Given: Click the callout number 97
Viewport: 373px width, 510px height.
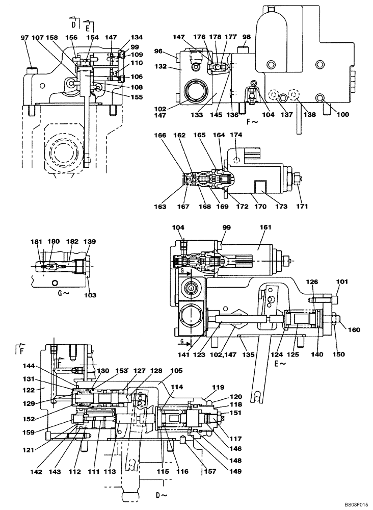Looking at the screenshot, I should tap(25, 38).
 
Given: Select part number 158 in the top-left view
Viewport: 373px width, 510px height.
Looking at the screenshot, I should tap(52, 38).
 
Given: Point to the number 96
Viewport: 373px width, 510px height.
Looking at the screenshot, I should tap(158, 51).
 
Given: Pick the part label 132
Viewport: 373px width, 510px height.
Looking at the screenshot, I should tap(161, 67).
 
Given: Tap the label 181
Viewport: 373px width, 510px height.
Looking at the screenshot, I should tap(35, 241).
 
